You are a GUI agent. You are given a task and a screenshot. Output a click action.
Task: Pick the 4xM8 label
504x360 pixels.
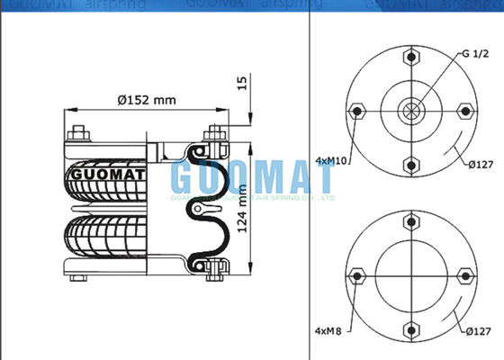point(328,328)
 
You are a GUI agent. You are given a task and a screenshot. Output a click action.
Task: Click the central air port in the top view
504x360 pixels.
point(411,112)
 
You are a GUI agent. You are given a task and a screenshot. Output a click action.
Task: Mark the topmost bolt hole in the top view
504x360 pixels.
point(411,58)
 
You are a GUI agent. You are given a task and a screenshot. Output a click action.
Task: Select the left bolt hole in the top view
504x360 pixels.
point(357,112)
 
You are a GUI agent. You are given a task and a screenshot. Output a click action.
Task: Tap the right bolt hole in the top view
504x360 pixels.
point(465,112)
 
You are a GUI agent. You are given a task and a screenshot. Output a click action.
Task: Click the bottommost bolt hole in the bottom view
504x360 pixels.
point(411,328)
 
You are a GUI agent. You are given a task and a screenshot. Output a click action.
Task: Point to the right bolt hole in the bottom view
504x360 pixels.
point(465,274)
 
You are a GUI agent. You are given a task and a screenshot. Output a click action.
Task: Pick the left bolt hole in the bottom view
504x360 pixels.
point(357,274)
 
